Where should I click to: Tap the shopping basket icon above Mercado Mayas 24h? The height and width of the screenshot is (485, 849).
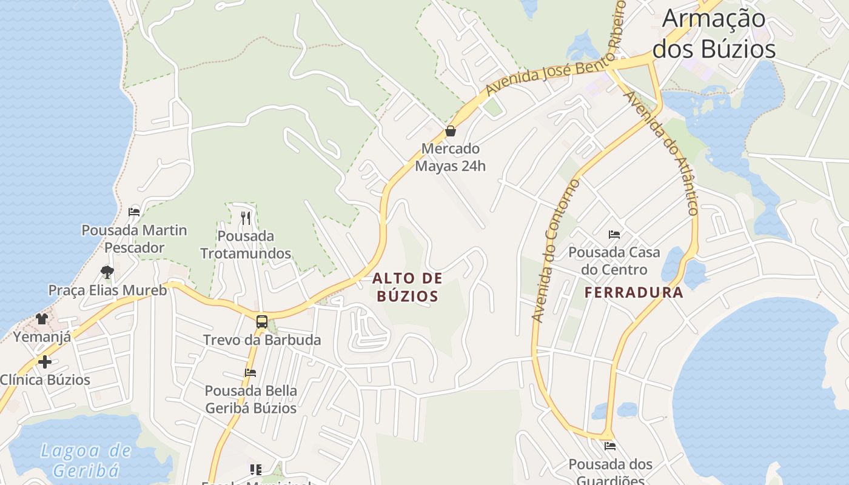pyautogui.click(x=451, y=130)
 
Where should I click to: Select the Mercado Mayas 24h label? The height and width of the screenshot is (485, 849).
pyautogui.click(x=451, y=157)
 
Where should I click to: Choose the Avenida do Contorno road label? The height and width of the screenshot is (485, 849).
pyautogui.click(x=555, y=250)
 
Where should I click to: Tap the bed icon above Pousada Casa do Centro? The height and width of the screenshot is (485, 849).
pyautogui.click(x=614, y=235)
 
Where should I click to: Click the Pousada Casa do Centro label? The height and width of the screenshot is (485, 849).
pyautogui.click(x=614, y=261)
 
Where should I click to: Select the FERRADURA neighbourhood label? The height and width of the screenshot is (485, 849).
pyautogui.click(x=634, y=293)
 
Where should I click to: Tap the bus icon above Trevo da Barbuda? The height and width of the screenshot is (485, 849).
pyautogui.click(x=262, y=322)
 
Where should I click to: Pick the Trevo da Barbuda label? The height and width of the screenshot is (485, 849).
pyautogui.click(x=262, y=339)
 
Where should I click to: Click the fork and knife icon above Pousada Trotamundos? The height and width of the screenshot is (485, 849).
pyautogui.click(x=246, y=218)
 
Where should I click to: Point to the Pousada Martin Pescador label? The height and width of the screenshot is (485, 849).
pyautogui.click(x=134, y=239)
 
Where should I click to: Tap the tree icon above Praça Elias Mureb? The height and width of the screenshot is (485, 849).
pyautogui.click(x=107, y=272)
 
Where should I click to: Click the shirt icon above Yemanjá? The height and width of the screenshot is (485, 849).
pyautogui.click(x=42, y=318)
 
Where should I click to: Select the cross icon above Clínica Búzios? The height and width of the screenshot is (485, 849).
pyautogui.click(x=44, y=362)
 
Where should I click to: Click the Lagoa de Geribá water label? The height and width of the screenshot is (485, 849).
pyautogui.click(x=86, y=460)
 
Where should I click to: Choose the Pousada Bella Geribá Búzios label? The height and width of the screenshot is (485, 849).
pyautogui.click(x=251, y=399)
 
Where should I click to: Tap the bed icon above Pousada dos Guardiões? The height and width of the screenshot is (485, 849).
pyautogui.click(x=610, y=446)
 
